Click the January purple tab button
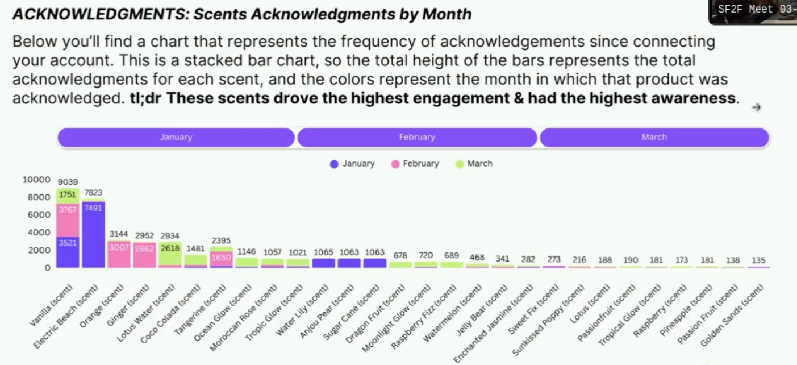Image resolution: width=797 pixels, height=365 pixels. pos(176,137)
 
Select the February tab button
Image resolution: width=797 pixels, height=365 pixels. pos(417,137)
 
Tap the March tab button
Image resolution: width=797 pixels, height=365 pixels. pos(654,137)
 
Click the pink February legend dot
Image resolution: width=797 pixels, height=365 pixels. pos(395,164)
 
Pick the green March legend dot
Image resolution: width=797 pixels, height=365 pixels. pos(460,164)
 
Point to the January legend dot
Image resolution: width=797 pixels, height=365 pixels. pos(334,164)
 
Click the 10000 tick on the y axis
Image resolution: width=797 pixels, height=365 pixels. pos(36,180)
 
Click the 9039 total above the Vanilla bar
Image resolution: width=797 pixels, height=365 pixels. pos(68,182)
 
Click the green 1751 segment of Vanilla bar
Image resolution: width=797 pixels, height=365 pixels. pos(68,195)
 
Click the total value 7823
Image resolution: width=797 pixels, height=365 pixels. pos(93,193)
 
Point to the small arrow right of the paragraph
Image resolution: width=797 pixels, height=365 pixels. pos(756,107)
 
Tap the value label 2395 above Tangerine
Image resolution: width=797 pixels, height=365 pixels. pos(221,240)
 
